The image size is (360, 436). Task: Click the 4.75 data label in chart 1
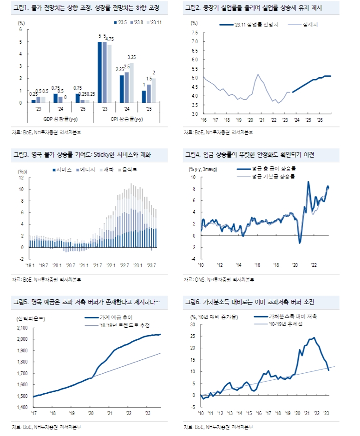tap(110, 39)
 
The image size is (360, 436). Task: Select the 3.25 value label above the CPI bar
tap(131, 57)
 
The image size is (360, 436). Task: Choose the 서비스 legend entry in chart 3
tap(64, 170)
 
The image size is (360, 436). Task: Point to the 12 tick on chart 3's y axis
tap(21, 178)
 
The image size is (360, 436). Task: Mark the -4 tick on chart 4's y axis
tap(194, 259)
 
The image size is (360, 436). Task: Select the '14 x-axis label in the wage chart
tap(238, 265)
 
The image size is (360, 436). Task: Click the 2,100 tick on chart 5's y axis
tap(22, 328)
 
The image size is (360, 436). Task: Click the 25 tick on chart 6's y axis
tap(193, 324)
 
